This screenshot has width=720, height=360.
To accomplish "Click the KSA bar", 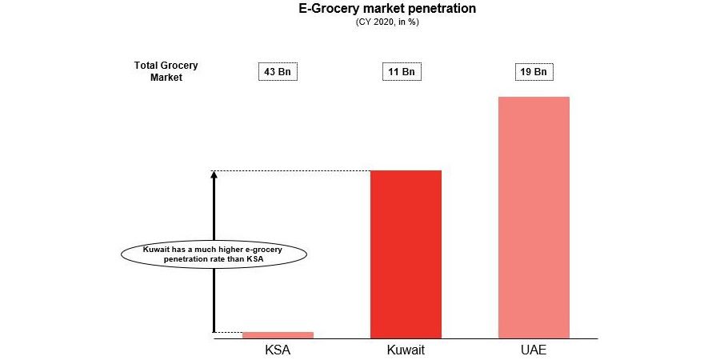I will (278, 334).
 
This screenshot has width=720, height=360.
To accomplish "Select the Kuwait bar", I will (406, 254).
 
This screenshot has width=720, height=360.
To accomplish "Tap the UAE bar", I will (534, 217).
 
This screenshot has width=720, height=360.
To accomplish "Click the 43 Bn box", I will (278, 72).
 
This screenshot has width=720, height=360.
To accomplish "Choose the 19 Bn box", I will (534, 72).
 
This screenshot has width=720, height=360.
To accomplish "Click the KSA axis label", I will (278, 350).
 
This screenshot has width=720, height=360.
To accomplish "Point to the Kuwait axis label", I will (406, 350).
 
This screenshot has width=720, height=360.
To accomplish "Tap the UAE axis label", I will (534, 350).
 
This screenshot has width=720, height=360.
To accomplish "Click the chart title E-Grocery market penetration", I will (387, 9).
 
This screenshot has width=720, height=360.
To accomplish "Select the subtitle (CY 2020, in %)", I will (387, 22).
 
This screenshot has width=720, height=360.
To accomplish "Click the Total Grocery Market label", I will (166, 71).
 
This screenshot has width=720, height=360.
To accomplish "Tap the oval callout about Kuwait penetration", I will (214, 254).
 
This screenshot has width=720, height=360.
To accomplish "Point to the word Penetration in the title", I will (445, 9).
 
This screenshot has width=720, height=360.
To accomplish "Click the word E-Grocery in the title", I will (328, 9).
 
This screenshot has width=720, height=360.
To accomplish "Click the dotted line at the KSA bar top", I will (228, 332).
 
